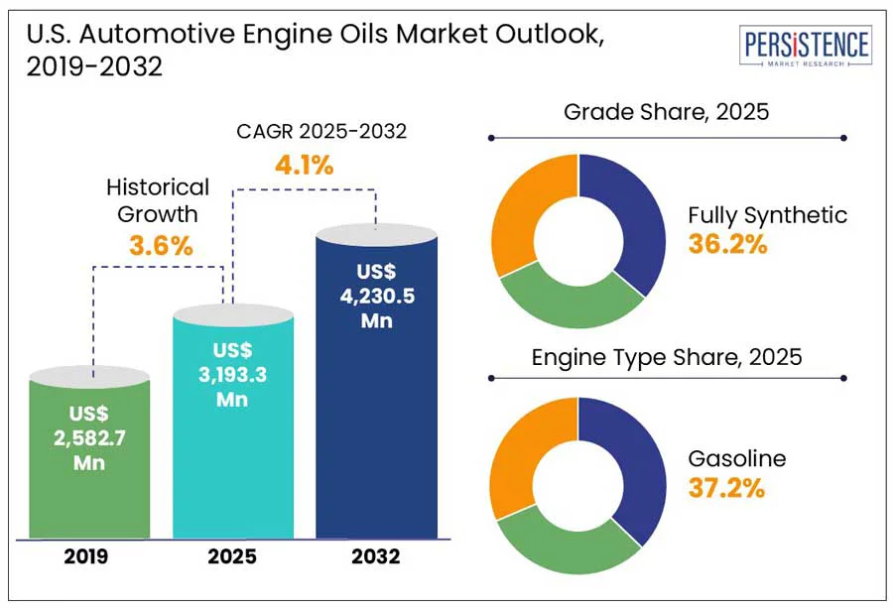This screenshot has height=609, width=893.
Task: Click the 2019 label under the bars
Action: tap(89, 557)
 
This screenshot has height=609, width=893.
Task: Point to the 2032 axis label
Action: tap(375, 557)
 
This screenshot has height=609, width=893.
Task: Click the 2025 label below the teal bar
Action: tap(232, 557)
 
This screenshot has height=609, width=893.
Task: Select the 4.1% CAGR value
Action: tap(304, 165)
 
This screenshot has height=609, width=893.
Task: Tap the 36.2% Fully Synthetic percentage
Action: tap(727, 244)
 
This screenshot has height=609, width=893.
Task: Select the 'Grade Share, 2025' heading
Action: tap(666, 111)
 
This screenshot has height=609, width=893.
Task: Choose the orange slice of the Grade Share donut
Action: tap(526, 213)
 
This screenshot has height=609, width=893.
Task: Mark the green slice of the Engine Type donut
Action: tap(566, 546)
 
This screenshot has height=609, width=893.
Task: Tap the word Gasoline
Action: tap(736, 458)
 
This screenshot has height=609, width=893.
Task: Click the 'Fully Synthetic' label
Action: tap(767, 214)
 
